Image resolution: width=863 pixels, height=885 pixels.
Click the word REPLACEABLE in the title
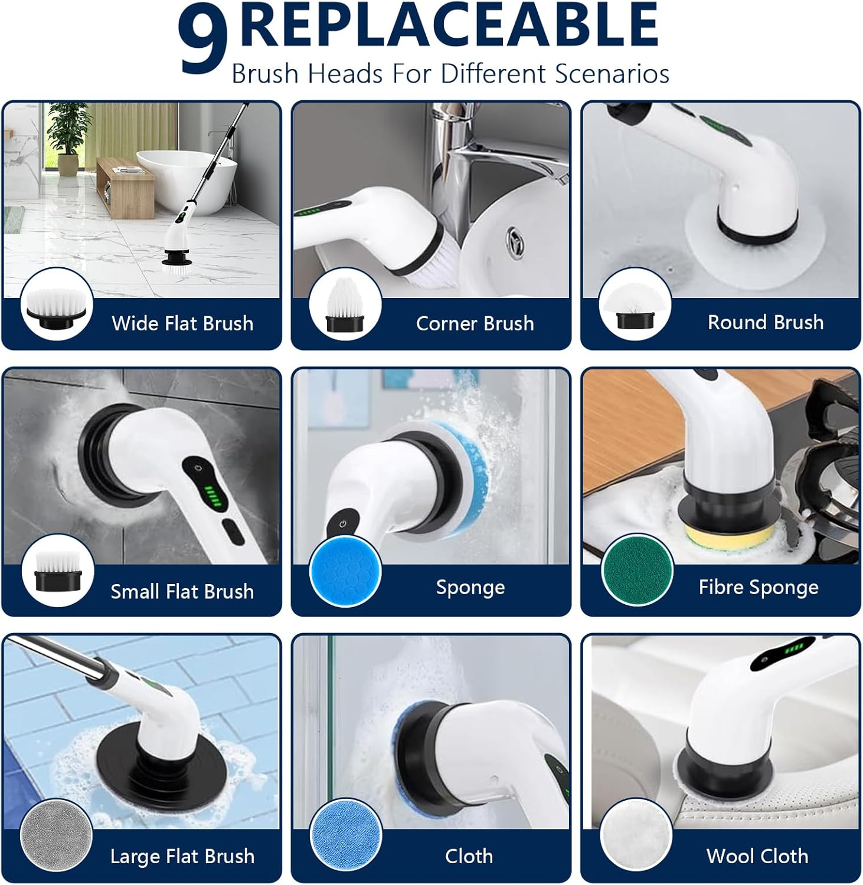click(449, 25)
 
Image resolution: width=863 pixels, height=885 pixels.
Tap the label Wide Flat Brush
click(182, 323)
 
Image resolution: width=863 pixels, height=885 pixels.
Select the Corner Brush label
click(475, 323)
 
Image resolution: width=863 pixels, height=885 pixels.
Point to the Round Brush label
click(766, 322)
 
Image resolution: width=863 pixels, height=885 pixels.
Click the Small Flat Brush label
click(182, 591)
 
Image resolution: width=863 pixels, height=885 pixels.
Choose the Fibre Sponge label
click(759, 587)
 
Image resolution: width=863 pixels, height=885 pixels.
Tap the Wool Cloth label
click(757, 856)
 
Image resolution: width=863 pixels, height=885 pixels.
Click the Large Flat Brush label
click(182, 857)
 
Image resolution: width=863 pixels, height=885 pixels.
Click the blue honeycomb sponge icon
click(345, 571)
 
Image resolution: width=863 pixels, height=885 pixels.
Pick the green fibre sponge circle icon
click(636, 571)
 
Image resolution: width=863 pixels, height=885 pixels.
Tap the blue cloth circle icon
click(345, 836)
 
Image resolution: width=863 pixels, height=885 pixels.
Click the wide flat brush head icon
click(57, 304)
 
